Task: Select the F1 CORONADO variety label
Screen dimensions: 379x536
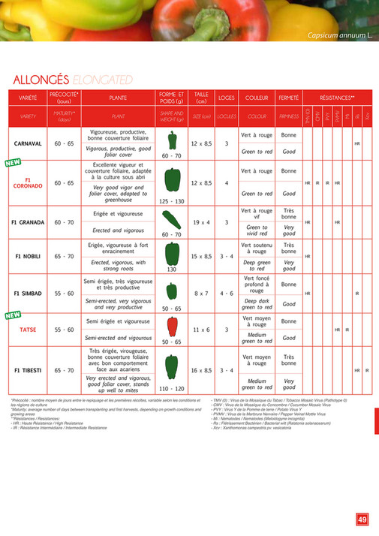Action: click(x=28, y=183)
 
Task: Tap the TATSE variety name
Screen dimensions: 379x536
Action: click(x=28, y=330)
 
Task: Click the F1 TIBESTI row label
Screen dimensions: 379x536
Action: click(x=28, y=370)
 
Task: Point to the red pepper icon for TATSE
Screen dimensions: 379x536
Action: click(x=172, y=325)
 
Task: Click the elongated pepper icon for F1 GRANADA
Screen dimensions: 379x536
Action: click(x=172, y=218)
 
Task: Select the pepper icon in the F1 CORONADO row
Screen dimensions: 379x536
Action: click(x=172, y=179)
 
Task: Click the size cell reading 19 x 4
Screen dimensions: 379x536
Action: click(x=201, y=222)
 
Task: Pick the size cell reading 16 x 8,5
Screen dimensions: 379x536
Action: click(x=201, y=370)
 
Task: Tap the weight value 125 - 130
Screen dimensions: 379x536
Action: click(x=172, y=201)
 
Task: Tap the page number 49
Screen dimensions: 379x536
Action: click(x=362, y=518)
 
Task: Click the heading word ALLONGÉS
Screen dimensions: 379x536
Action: click(x=41, y=80)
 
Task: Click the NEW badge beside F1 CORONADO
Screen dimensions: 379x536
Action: click(x=12, y=162)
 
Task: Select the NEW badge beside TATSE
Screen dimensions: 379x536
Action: click(x=12, y=315)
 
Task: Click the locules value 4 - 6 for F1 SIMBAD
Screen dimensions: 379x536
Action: click(x=226, y=293)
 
